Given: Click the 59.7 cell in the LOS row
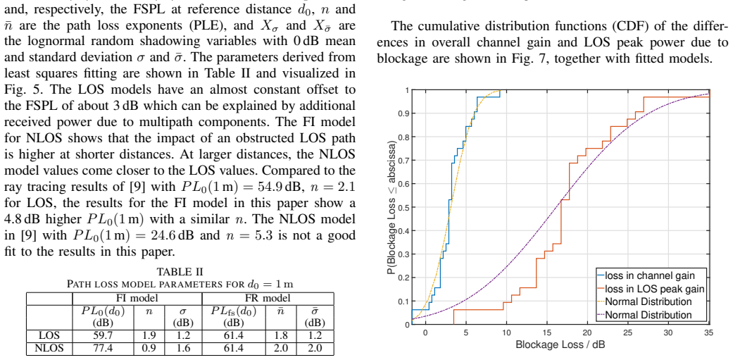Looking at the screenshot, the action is [103, 335].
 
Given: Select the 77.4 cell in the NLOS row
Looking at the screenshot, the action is [103, 348].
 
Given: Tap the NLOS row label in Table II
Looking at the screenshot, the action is [49, 348].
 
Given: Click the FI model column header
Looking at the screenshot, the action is [137, 298].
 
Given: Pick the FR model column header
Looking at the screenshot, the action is [268, 298].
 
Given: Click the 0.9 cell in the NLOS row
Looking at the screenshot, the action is [149, 348].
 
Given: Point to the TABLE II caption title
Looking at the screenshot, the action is [180, 272].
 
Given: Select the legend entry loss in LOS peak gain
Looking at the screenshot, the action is [654, 288].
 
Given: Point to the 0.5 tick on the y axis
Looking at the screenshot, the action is [403, 207].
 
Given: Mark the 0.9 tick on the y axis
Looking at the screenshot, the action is [403, 113].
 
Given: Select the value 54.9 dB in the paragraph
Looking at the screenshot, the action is [278, 187].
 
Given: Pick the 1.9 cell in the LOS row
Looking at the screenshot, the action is [149, 335].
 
